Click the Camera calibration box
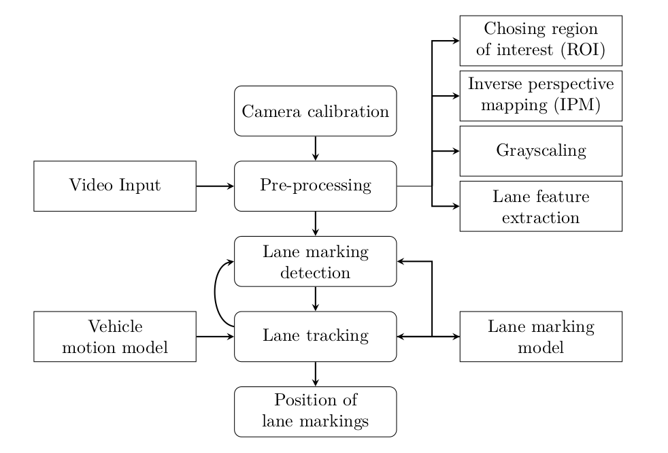316,111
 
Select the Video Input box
115,186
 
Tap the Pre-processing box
316,186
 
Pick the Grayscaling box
541,150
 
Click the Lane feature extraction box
541,206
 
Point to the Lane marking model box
541,336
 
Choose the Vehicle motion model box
115,336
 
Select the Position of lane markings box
316,411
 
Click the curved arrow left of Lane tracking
216,295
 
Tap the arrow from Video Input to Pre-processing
215,186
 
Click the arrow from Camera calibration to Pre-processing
316,148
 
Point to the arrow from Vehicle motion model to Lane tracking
215,336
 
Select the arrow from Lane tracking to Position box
316,373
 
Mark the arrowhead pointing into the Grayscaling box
455,150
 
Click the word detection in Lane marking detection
316,273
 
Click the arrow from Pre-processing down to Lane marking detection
316,223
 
